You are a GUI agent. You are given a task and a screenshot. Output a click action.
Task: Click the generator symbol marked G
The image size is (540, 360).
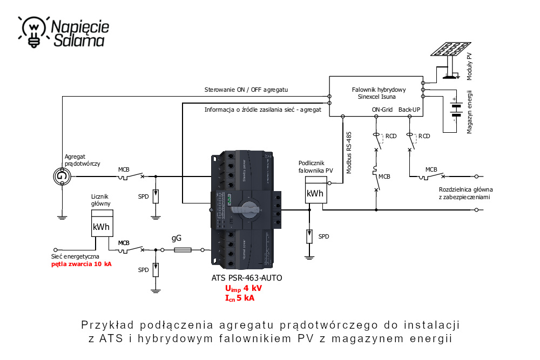click(x=62, y=176)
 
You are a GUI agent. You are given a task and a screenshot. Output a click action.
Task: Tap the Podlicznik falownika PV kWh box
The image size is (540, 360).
click(x=315, y=193)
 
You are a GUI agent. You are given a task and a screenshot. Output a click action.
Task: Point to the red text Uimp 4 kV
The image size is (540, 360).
click(x=243, y=288)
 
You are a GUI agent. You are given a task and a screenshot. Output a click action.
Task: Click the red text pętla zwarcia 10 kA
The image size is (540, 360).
click(x=82, y=264)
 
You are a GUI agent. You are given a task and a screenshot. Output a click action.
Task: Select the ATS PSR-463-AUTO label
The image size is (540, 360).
click(x=246, y=279)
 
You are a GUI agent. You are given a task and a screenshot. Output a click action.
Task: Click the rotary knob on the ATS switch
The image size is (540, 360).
click(x=247, y=208)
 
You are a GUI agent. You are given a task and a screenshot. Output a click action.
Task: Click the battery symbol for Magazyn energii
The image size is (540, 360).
click(x=457, y=108)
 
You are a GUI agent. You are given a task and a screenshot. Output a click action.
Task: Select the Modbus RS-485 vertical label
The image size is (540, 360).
click(x=349, y=152)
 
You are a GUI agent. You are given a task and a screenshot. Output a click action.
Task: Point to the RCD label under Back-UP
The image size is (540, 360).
click(x=425, y=135)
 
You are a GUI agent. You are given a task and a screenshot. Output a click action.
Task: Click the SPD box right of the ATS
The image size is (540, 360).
click(x=309, y=236)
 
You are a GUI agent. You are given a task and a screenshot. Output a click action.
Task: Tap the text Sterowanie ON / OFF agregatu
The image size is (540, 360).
click(x=246, y=89)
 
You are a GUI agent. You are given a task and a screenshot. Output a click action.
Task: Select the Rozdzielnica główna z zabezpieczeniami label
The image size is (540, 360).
click(x=465, y=194)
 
